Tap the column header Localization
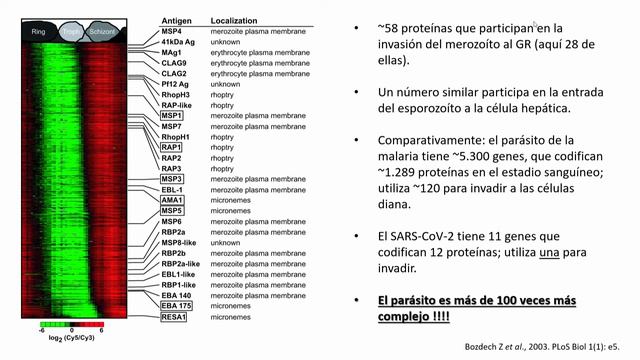(x=235, y=19)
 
